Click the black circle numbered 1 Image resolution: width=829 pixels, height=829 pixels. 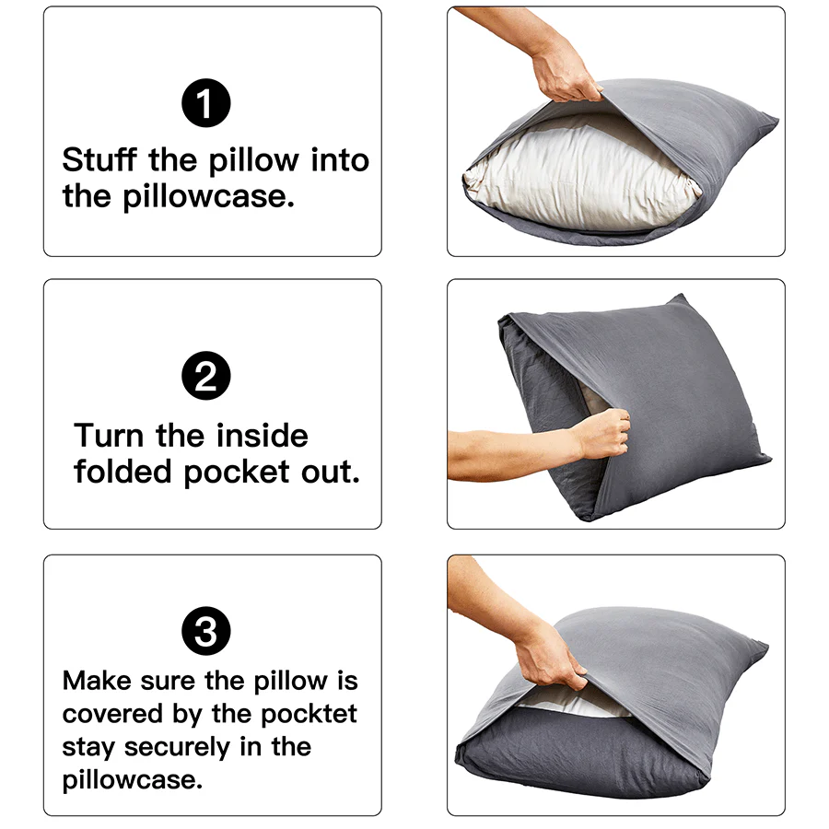click(205, 103)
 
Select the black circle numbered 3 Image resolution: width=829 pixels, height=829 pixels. click(205, 632)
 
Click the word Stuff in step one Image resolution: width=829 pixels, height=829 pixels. click(100, 160)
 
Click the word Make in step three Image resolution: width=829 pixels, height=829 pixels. click(97, 682)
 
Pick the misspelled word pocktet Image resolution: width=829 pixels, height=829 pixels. click(309, 714)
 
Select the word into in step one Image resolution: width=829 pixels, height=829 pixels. click(339, 160)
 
